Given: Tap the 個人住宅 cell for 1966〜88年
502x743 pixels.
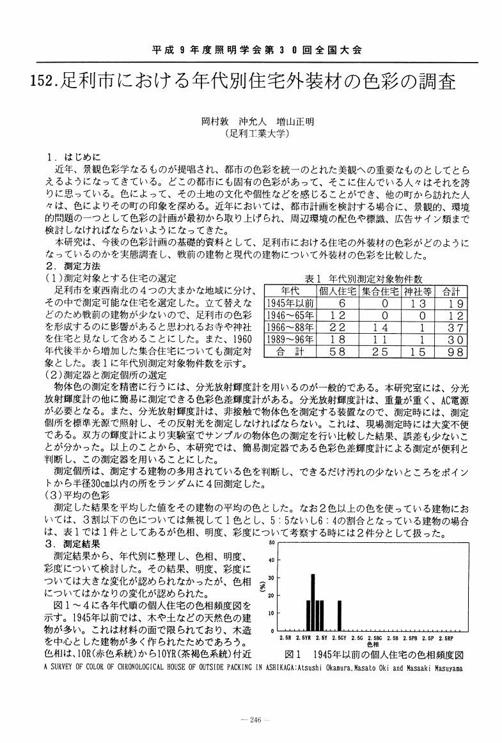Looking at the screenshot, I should [338, 327].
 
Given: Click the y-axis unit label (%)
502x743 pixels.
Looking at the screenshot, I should [262, 585].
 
